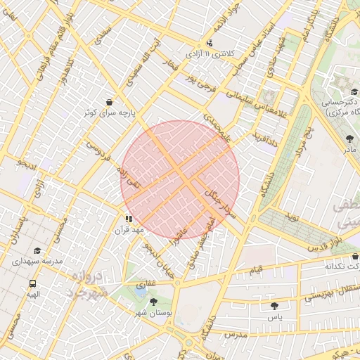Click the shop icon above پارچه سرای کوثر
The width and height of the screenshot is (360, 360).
pos(108,102)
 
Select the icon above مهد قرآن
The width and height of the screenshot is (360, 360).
pos(128,219)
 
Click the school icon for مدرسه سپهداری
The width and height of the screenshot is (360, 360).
pos(37,250)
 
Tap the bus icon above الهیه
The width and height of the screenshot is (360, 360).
pos(32,283)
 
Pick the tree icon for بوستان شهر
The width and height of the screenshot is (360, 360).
pos(153,302)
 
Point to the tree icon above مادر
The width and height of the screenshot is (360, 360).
pos(350,139)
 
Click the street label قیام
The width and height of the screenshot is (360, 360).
pos(257,269)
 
